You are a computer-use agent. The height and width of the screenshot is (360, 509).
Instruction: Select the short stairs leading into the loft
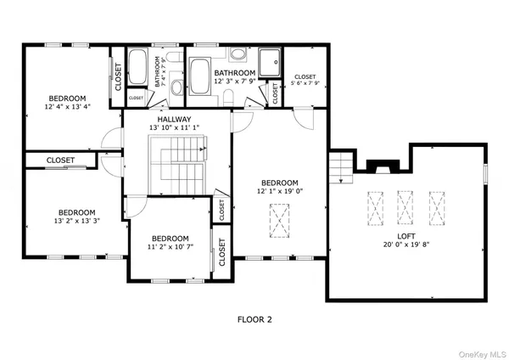click(x=340, y=167)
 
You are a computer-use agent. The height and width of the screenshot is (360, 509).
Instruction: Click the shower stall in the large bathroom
click(x=269, y=62)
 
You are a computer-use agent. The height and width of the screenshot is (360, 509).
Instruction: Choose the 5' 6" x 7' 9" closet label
click(x=305, y=78)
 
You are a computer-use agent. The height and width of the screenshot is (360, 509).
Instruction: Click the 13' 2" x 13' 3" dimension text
click(x=76, y=222)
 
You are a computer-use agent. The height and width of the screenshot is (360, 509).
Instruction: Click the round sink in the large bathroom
click(x=238, y=56)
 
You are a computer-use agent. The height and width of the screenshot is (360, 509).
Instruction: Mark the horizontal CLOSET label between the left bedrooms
click(x=60, y=160)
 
